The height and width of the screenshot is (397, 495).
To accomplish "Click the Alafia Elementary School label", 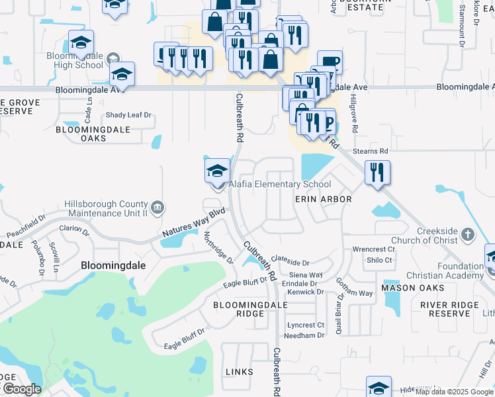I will (x=280, y=185).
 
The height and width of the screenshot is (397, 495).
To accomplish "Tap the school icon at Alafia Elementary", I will (x=217, y=172).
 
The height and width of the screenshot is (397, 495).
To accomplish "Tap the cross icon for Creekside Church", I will (x=468, y=234).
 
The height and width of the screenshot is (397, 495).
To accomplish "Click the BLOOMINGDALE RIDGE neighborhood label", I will (x=250, y=310).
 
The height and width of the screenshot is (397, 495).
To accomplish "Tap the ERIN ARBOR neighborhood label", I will (x=323, y=198).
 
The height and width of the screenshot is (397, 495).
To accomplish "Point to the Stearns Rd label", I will (x=388, y=152).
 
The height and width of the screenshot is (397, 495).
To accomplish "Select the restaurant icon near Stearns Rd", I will (x=377, y=173).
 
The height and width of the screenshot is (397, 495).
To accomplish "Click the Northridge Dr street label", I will (x=218, y=247).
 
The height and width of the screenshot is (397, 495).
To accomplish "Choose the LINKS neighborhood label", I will (x=240, y=372).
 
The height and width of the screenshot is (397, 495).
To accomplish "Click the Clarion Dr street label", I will (x=74, y=231).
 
